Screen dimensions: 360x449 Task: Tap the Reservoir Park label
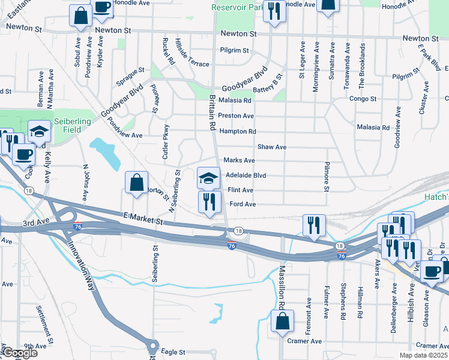pyautogui.click(x=238, y=8)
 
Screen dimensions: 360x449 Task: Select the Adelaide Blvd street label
pyautogui.click(x=246, y=176)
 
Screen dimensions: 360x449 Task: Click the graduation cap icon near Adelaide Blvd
pyautogui.click(x=209, y=178)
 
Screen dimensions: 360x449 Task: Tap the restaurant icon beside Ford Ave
pyautogui.click(x=209, y=202)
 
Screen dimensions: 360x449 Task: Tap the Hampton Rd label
pyautogui.click(x=238, y=131)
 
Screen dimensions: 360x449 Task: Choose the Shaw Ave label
pyautogui.click(x=272, y=147)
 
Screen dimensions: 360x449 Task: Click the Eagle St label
pyautogui.click(x=173, y=352)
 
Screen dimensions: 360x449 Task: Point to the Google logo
pyautogui.click(x=20, y=353)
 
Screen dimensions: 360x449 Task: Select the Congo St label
pyautogui.click(x=363, y=98)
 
